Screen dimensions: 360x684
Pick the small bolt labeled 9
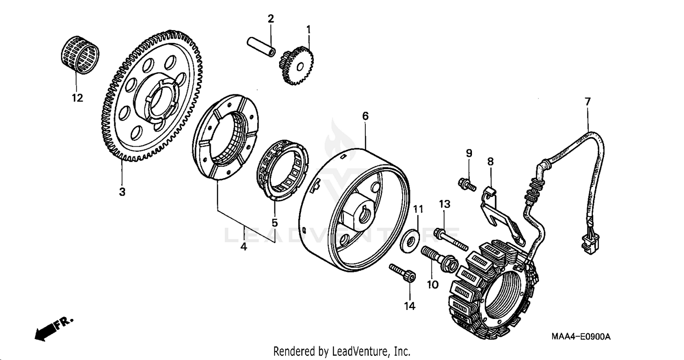466,184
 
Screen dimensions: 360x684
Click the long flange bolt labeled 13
451,239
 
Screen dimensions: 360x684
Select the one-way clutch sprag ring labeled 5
282,170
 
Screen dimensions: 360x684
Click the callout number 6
365,116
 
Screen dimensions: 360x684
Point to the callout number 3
122,192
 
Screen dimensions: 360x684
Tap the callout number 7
587,102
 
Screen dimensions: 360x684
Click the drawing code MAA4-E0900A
580,337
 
